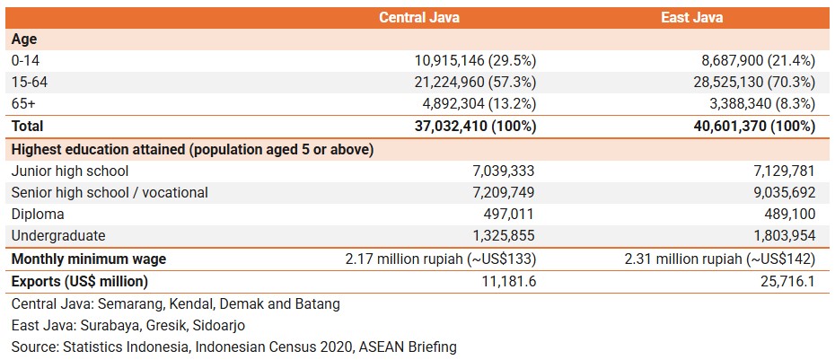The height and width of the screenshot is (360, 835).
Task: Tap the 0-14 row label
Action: pos(26,61)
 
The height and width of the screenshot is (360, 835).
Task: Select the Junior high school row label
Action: pos(70,171)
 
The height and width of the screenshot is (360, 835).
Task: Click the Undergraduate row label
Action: pos(58,235)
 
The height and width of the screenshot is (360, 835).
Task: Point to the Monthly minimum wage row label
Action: pos(89,259)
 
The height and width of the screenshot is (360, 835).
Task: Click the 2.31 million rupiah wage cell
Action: pos(720,259)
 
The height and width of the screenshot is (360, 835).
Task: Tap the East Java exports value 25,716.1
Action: pos(784,281)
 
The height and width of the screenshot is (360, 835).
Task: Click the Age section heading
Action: pos(23,40)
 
